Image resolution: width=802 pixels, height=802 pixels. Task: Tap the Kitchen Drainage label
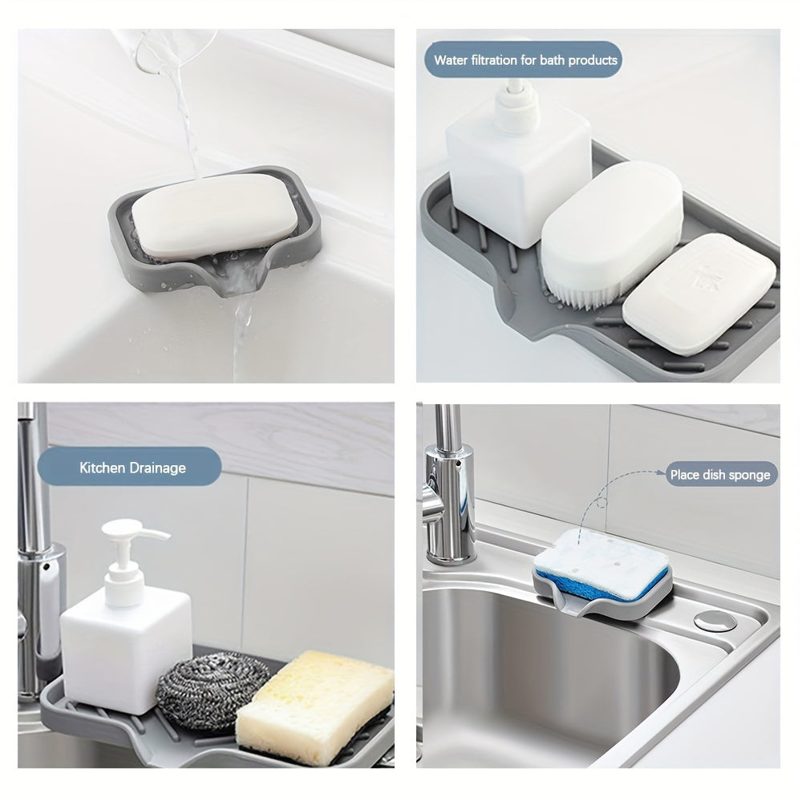[x=132, y=468]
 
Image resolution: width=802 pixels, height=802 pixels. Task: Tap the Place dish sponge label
[x=719, y=475]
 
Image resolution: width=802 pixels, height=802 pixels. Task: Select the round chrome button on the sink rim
[x=707, y=621]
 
